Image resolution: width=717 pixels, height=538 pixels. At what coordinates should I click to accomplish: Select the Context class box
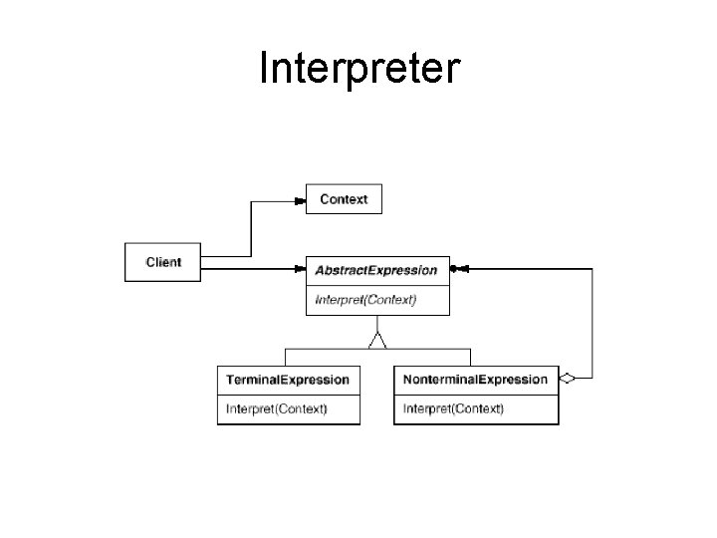coord(343,199)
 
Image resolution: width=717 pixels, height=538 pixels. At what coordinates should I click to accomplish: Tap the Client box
coord(162,262)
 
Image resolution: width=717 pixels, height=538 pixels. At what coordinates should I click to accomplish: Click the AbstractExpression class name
coord(375,270)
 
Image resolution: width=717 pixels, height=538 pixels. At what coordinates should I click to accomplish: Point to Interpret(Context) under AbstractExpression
coord(365,299)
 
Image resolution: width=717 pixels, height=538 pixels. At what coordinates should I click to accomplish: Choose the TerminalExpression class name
coord(288,380)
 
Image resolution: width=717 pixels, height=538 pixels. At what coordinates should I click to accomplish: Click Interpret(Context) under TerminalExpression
coord(277,408)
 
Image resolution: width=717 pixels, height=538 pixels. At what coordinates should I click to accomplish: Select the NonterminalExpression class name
coord(475,380)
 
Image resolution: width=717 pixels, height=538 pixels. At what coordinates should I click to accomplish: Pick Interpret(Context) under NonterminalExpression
coord(453,408)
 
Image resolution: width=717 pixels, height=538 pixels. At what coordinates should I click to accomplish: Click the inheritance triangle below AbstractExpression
coord(376,341)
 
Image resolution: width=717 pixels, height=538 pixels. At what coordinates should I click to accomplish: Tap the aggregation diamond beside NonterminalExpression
coord(568,379)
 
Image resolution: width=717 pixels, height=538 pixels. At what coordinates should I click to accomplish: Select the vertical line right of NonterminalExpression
coord(593,324)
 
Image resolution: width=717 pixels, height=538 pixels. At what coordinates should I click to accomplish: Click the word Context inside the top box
coord(344,199)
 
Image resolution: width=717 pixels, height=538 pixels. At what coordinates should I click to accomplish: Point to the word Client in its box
coord(163,262)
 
